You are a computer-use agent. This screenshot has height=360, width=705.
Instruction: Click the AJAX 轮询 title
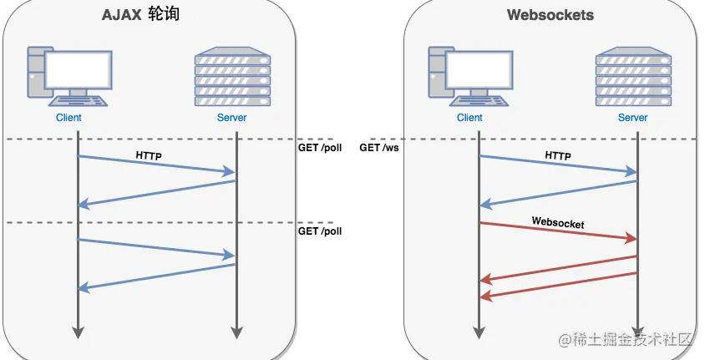pos(140,14)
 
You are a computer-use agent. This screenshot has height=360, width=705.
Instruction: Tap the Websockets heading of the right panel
pos(550,15)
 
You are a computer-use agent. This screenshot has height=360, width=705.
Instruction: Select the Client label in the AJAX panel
pos(68,118)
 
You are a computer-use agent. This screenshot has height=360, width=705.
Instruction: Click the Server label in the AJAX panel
pos(232,118)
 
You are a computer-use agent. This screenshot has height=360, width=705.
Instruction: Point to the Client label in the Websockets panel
pos(469,118)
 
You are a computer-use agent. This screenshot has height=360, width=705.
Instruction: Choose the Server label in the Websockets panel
pos(633,118)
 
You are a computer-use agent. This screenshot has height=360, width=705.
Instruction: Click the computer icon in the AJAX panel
pos(69,76)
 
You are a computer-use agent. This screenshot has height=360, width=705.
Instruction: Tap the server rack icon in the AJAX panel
pos(232,76)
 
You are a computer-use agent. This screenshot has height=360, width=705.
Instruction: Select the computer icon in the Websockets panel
pos(471,76)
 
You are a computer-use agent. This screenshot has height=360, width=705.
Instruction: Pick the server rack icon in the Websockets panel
pos(633,76)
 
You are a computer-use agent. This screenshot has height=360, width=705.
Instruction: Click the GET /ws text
pos(379,148)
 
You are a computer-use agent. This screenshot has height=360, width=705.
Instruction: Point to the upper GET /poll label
pos(320,148)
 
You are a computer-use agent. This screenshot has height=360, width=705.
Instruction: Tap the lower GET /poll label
pos(320,231)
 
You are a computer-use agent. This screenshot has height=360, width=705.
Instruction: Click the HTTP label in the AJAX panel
pos(149,156)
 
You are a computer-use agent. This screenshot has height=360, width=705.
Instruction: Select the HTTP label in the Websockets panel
pos(558,156)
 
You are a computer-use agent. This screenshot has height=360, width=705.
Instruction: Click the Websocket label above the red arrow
pos(558,222)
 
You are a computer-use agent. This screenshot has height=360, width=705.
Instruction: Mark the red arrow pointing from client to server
pos(559,231)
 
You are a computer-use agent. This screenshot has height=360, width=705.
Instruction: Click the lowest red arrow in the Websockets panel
pos(559,285)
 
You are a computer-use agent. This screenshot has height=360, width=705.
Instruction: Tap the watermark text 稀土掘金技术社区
pos(631,339)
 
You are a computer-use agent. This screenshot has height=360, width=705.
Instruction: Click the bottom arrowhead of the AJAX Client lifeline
pos(79,332)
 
